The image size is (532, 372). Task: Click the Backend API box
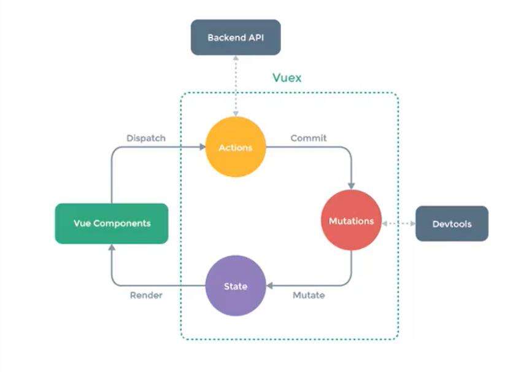tap(236, 37)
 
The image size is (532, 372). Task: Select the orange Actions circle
tap(236, 148)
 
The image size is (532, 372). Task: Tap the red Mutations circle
tap(352, 221)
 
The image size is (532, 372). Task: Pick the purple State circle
tap(236, 285)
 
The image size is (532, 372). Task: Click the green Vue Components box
tap(112, 223)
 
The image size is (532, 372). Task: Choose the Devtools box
tap(452, 223)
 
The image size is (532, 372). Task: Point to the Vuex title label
tap(287, 79)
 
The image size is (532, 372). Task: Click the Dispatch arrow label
tap(146, 138)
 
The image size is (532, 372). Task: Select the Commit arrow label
tap(309, 138)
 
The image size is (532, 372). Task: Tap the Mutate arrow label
tap(309, 295)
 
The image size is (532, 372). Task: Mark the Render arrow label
tap(146, 295)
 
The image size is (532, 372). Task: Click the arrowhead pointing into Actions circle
tap(202, 147)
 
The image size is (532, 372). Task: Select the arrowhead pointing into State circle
tap(269, 285)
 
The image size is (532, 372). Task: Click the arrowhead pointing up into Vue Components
tap(112, 247)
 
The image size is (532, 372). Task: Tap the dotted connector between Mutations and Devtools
tap(399, 223)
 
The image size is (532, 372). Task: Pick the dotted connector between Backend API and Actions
tap(236, 86)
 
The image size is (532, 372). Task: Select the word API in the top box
tap(256, 37)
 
